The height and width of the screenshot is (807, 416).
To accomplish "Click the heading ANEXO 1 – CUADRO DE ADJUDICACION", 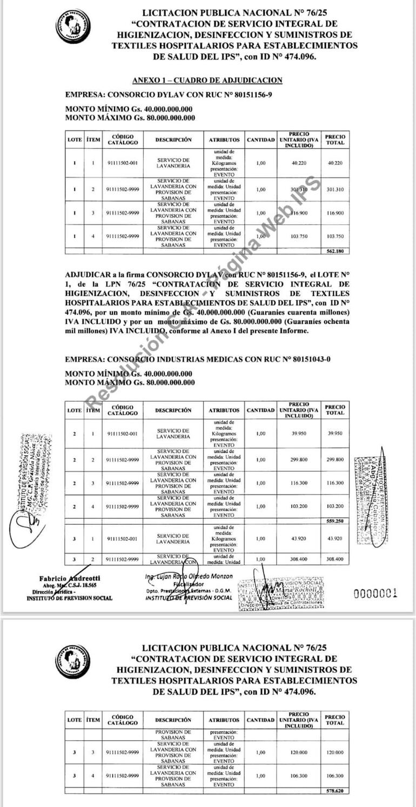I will [207, 80].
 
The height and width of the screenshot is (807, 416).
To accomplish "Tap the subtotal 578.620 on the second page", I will [335, 791].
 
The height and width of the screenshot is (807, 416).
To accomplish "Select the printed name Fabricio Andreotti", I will [70, 578].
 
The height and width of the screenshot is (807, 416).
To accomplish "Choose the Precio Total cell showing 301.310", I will [335, 190].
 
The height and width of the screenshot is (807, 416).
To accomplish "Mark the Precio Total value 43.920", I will [335, 539].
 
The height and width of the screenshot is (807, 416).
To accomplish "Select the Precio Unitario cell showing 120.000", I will [299, 752].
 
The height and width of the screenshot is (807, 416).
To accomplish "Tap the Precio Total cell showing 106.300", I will [335, 776].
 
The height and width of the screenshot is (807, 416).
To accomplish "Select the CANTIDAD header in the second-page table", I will [260, 720].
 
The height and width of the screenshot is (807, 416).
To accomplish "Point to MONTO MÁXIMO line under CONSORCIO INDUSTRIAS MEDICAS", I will [130, 383].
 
